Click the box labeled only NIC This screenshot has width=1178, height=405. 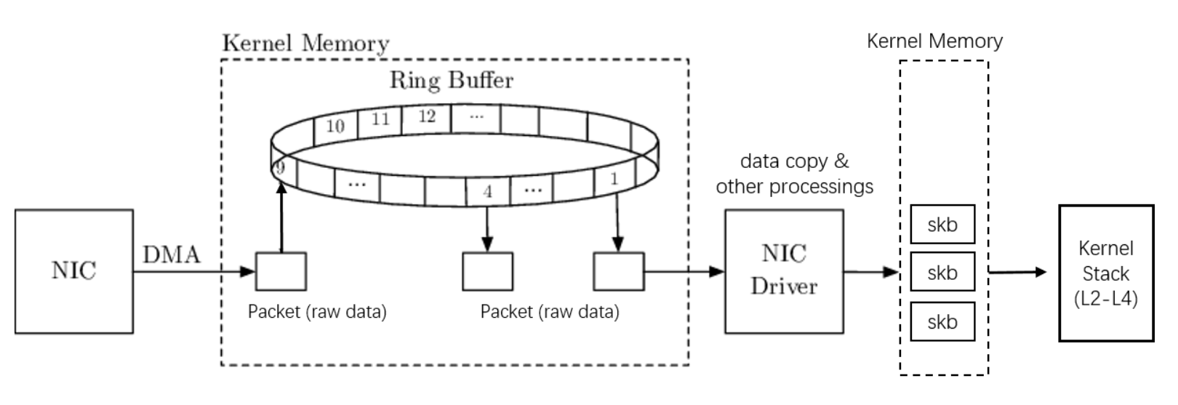pos(73,271)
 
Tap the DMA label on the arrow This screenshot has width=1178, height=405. pos(172,254)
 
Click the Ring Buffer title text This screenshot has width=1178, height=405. pos(452,79)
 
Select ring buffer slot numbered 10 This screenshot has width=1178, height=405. pos(334,127)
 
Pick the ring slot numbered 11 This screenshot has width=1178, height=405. pos(381,119)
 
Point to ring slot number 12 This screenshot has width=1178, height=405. pos(427,116)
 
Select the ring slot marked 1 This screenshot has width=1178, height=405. pos(614,177)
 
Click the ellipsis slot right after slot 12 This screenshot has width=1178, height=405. pos(476,116)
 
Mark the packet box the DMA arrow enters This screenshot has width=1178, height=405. pos(281,271)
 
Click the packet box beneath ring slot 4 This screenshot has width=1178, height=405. pos(487,271)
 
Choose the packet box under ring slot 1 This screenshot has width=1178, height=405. pos(618,271)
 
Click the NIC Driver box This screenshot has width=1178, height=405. pos(784,271)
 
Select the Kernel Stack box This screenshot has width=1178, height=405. pos(1105,273)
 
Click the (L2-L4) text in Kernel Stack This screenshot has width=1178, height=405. pos(1105,298)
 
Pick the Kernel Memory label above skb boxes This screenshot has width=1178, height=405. pos(934,41)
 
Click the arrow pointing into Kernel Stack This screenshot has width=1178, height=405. pos(1018,272)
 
